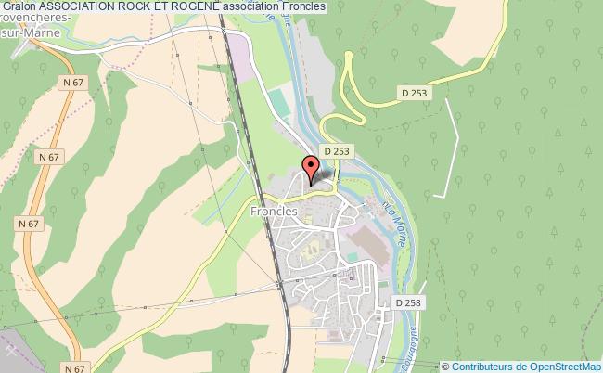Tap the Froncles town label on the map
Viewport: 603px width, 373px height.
[x=273, y=211]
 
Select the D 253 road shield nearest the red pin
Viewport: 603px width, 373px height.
[x=335, y=149]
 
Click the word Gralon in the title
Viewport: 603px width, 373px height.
[x=19, y=6]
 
